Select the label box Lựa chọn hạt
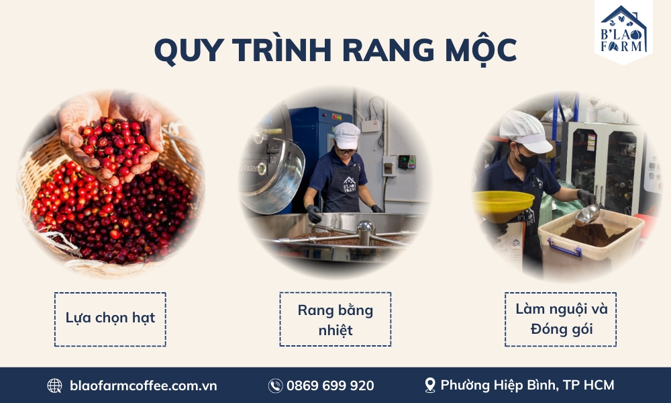tap(110, 319)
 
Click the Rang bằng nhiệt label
tap(335, 319)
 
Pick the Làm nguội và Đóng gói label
tap(560, 319)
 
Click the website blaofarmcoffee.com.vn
tap(144, 386)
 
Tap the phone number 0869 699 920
tap(330, 386)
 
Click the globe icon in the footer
tap(54, 386)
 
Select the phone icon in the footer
tap(275, 386)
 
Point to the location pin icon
tap(429, 385)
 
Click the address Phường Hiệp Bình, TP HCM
tap(527, 385)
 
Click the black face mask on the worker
tap(527, 161)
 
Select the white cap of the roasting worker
tap(347, 135)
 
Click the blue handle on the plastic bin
tap(564, 248)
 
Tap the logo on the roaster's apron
tap(349, 184)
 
